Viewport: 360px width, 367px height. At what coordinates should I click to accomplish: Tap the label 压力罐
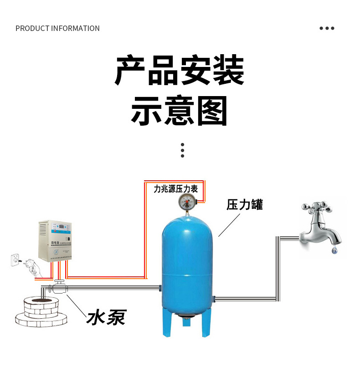pos(245,204)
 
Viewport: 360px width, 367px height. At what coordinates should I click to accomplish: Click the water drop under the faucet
pos(335,250)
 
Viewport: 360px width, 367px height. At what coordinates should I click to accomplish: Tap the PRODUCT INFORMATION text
pos(57,28)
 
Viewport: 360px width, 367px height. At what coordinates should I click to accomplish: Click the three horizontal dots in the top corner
pos(327,28)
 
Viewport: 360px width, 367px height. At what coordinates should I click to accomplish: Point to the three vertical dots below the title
pos(182,150)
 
